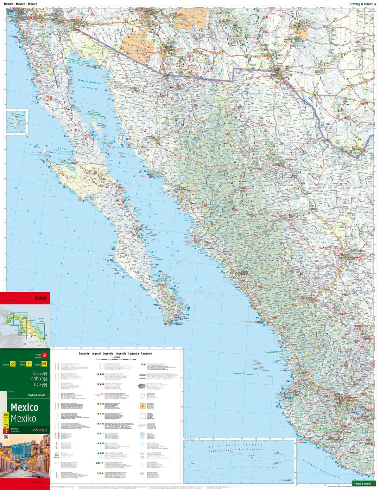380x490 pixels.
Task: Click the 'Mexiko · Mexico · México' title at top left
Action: tap(20, 3)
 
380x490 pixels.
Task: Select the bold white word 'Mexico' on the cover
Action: tap(24, 407)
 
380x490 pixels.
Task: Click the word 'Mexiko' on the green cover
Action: tap(23, 418)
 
